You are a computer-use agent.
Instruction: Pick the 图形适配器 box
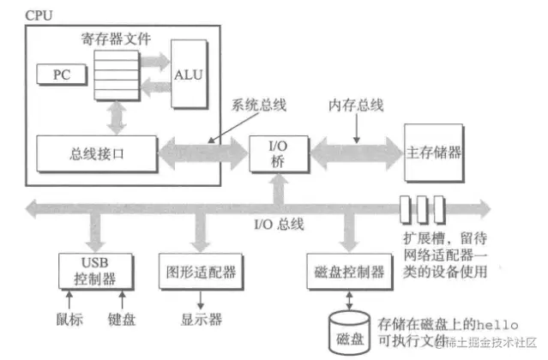click(198, 273)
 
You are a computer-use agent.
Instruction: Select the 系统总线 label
click(258, 104)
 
